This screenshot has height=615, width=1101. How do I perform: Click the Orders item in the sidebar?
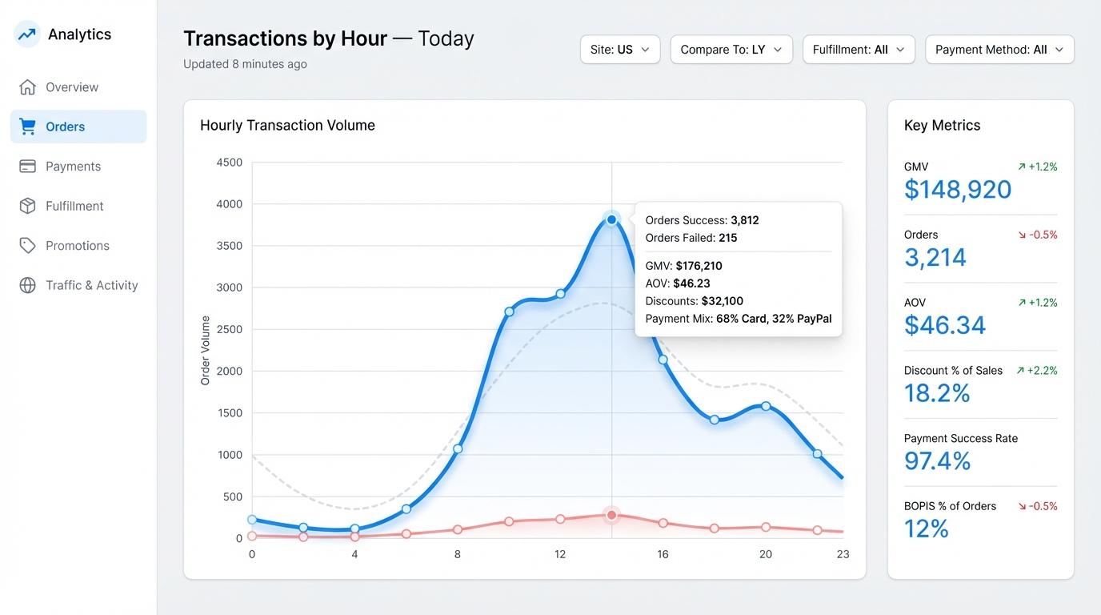[78, 127]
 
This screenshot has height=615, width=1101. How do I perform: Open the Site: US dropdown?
[620, 50]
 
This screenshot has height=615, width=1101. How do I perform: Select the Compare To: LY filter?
[731, 50]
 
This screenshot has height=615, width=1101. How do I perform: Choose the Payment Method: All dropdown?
[999, 50]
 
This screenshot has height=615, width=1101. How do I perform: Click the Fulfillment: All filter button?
[859, 50]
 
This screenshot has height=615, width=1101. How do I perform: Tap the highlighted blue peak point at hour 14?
[612, 219]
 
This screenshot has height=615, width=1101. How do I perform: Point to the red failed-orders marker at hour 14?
[612, 515]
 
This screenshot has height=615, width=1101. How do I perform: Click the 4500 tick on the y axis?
[229, 163]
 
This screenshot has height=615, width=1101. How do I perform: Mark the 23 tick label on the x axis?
[843, 554]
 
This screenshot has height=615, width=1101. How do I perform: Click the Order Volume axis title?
[206, 351]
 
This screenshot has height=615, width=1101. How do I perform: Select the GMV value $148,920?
[958, 190]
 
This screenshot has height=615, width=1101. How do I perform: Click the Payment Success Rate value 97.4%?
[937, 461]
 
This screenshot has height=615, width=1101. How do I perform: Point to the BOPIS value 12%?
[926, 529]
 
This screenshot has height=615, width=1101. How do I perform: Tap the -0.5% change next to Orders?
[1038, 235]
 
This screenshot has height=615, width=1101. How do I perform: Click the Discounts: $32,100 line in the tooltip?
[694, 301]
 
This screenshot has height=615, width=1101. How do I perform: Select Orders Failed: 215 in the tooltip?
[691, 238]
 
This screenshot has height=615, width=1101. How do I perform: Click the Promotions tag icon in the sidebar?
[28, 246]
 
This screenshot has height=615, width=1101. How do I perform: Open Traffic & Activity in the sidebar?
[91, 285]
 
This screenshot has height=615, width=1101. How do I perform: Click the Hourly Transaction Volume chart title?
[287, 126]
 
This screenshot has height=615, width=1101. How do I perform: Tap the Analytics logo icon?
[27, 34]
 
